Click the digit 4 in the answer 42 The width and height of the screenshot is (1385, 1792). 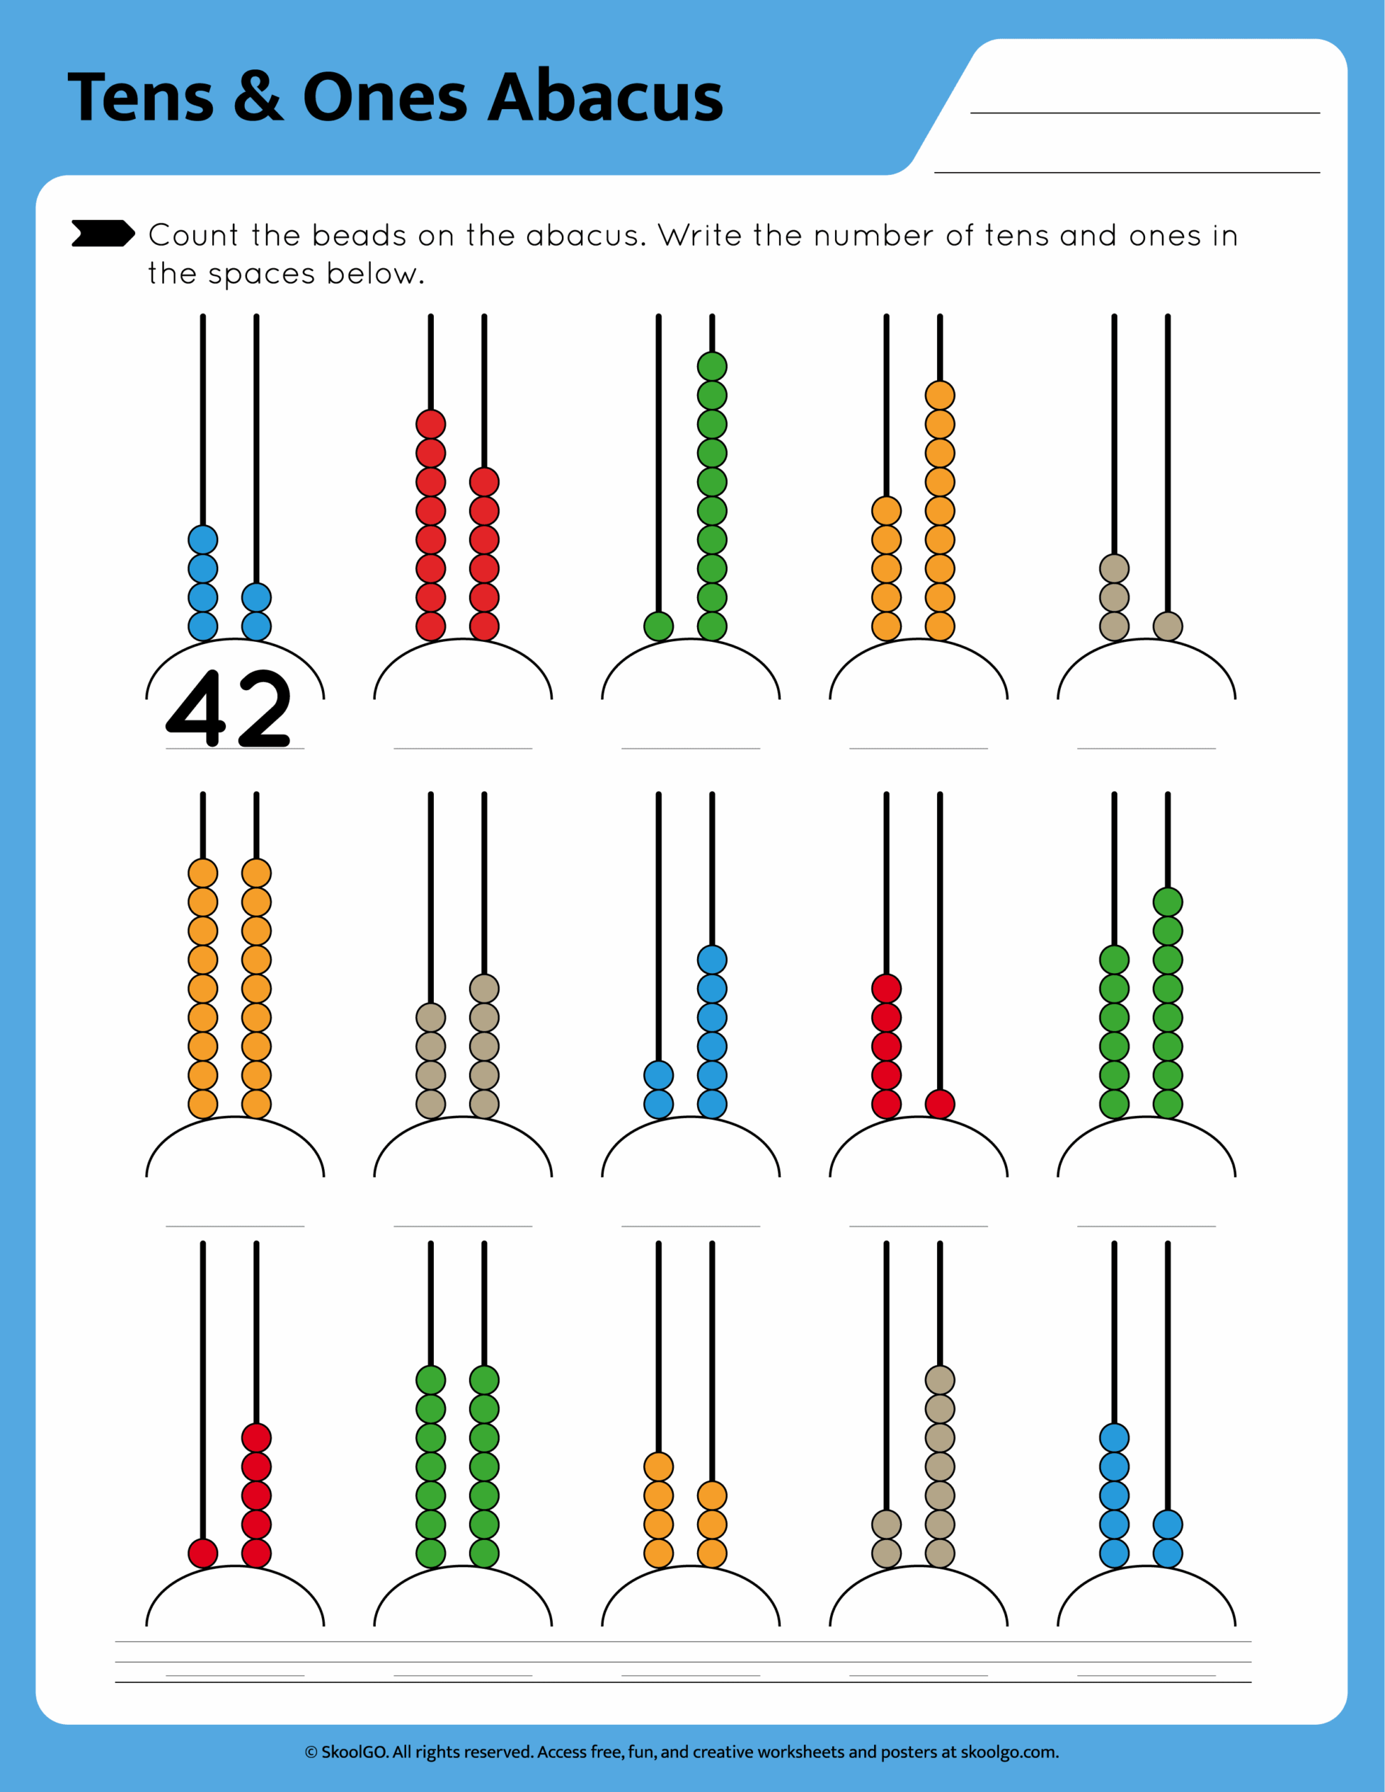point(196,707)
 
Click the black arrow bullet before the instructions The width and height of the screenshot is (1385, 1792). point(101,233)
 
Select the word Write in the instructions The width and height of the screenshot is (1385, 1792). point(701,235)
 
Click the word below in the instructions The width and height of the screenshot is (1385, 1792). point(374,274)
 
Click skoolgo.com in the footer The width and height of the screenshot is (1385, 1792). point(1009,1752)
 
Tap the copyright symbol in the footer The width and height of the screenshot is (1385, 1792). point(311,1753)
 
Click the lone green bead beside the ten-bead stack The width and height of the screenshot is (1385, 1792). point(658,626)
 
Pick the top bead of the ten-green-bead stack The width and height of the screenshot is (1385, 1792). point(711,367)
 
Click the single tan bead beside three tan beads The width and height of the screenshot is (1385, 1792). point(1167,626)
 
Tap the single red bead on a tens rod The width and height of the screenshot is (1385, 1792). point(203,1553)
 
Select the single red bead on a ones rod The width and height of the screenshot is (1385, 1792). point(939,1104)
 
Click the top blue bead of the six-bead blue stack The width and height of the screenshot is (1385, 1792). point(711,960)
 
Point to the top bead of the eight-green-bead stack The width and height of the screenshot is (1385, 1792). point(1167,902)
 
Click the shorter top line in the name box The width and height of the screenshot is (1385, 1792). point(1144,113)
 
